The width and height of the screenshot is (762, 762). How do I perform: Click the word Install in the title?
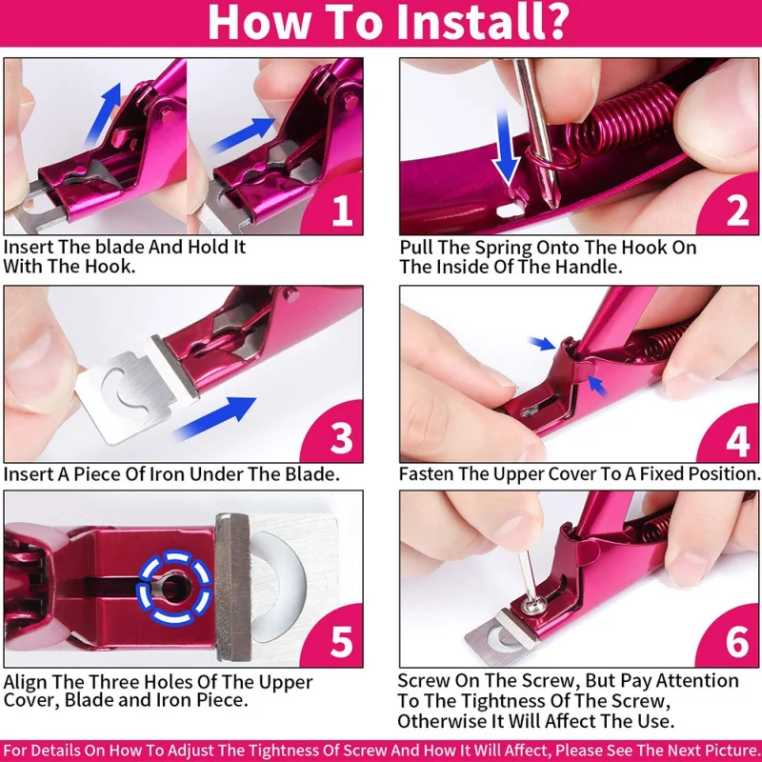coord(481,21)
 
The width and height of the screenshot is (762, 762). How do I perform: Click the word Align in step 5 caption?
coord(26,682)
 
